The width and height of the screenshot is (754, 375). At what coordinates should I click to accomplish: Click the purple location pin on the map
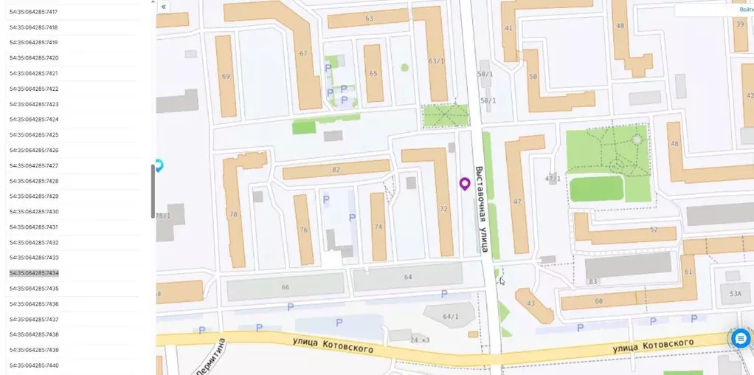tap(465, 183)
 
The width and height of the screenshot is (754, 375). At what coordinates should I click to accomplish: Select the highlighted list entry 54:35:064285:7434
tap(34, 273)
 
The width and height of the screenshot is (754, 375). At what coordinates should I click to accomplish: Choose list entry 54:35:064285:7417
tap(34, 13)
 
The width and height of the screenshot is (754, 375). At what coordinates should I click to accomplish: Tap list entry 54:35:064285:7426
tap(34, 151)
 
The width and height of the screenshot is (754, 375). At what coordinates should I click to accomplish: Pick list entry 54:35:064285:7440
tap(34, 365)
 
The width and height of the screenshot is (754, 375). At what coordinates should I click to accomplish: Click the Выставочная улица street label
tap(480, 209)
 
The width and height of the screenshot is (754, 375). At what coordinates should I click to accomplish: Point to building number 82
tap(336, 170)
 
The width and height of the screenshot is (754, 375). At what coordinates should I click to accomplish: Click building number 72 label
tap(443, 209)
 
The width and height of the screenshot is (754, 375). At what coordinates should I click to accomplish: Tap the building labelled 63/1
tap(436, 61)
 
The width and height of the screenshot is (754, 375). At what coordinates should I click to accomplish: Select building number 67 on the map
tap(303, 53)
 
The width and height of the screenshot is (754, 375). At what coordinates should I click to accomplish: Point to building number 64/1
tap(450, 317)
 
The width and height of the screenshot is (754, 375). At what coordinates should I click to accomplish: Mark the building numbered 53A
tap(735, 294)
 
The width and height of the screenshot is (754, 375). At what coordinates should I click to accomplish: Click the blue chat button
tap(741, 338)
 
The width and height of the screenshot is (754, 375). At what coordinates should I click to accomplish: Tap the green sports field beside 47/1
tap(597, 189)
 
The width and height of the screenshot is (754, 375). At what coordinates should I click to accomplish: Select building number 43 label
tap(530, 303)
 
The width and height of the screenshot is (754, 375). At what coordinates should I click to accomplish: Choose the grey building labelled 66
tap(286, 287)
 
